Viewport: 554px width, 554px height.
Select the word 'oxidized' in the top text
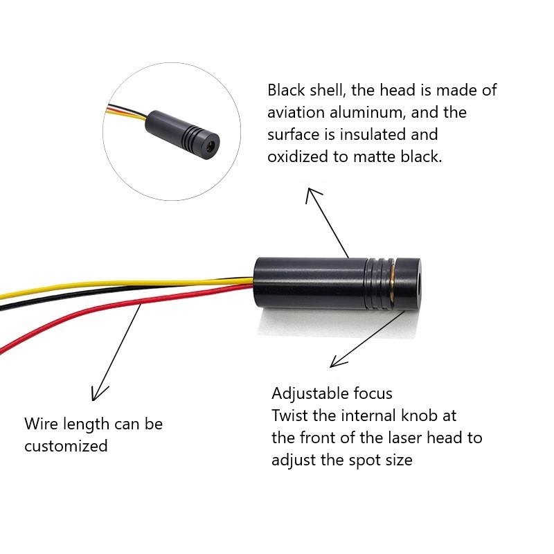(x=297, y=156)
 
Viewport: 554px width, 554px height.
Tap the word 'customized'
(x=66, y=446)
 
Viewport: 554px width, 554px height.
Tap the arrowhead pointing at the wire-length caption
(x=98, y=395)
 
